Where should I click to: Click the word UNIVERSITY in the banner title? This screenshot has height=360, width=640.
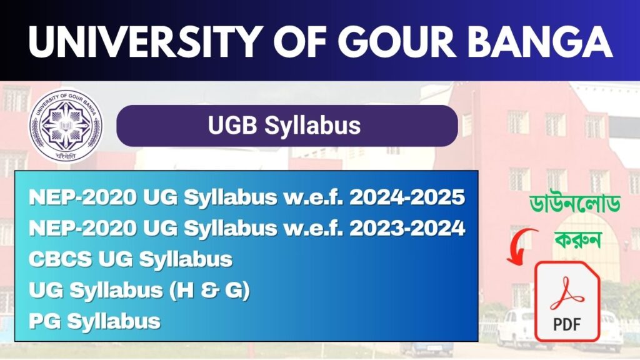pyautogui.click(x=142, y=42)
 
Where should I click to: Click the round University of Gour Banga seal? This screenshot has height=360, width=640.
pyautogui.click(x=66, y=126)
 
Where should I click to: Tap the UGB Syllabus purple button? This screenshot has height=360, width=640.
pyautogui.click(x=287, y=126)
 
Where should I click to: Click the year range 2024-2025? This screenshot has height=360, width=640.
pyautogui.click(x=407, y=197)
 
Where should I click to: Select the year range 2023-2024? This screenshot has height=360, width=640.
pyautogui.click(x=407, y=228)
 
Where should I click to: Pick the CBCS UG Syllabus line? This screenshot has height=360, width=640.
pyautogui.click(x=131, y=259)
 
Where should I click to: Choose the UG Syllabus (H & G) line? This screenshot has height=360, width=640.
pyautogui.click(x=139, y=291)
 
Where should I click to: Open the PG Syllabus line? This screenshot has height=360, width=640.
pyautogui.click(x=94, y=321)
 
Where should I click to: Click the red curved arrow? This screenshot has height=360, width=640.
pyautogui.click(x=521, y=246)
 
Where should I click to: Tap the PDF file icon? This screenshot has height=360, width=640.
pyautogui.click(x=567, y=301)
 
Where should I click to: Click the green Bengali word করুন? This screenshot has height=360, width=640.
pyautogui.click(x=577, y=238)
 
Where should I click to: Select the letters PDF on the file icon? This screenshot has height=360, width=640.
pyautogui.click(x=567, y=324)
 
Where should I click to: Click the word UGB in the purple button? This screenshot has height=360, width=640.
pyautogui.click(x=232, y=125)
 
